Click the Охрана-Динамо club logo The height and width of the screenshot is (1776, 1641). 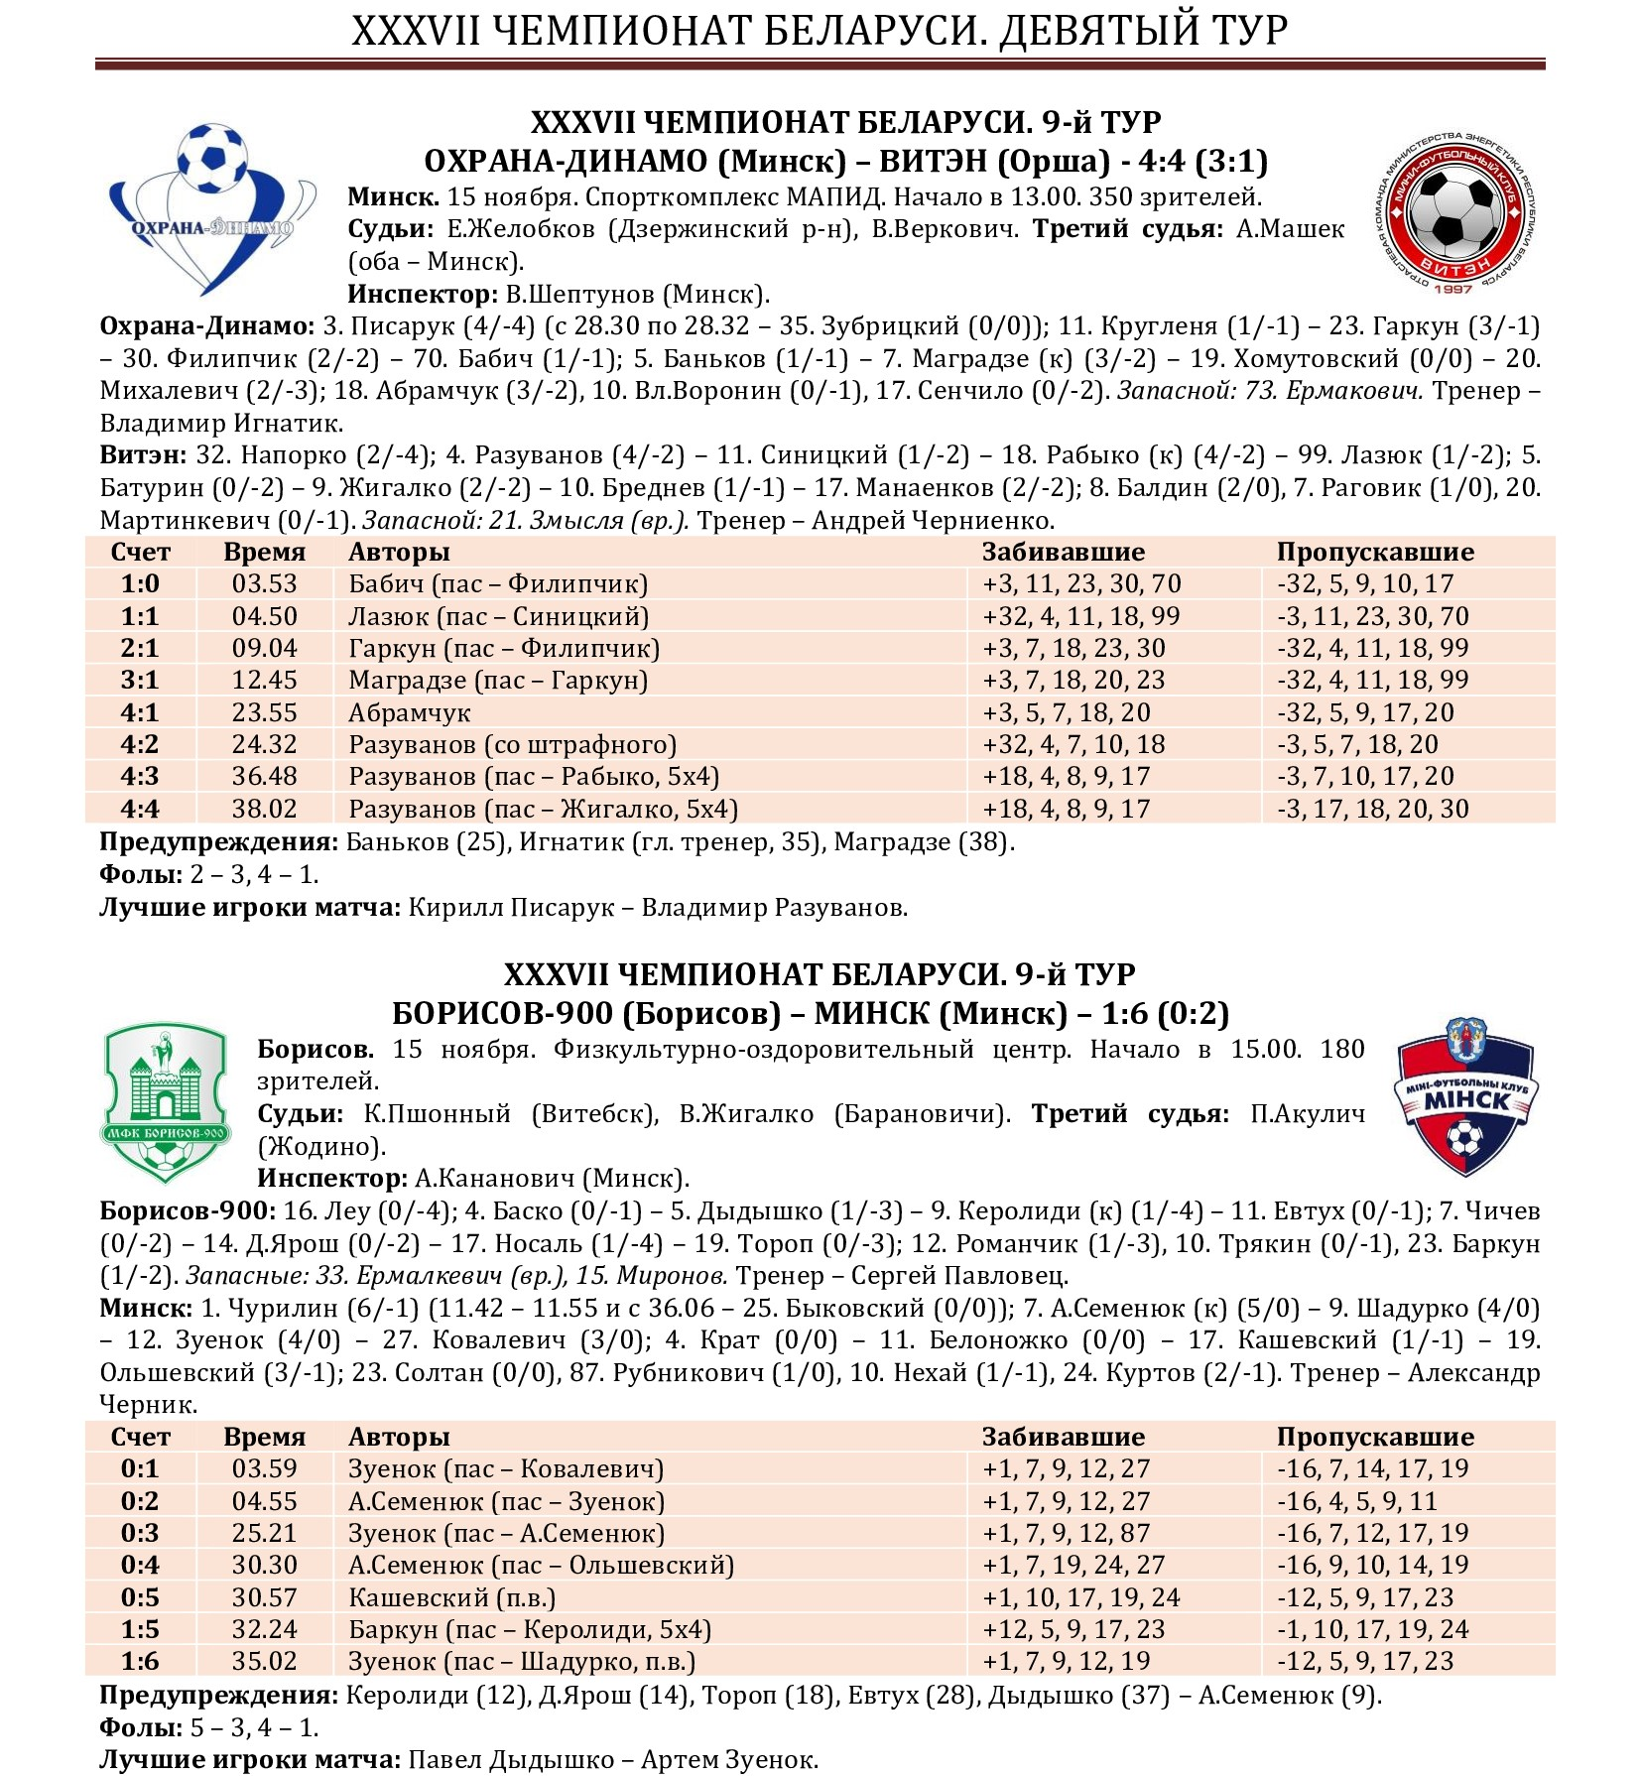(210, 208)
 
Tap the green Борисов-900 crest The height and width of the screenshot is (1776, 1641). (166, 1103)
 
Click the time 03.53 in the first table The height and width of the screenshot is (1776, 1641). (264, 584)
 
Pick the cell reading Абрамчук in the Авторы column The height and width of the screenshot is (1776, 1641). (409, 713)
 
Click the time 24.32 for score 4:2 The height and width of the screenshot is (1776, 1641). (264, 745)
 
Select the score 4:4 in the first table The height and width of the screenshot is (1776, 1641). (140, 810)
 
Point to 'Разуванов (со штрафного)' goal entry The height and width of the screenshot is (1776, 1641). (512, 745)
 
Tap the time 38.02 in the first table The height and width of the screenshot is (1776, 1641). (264, 810)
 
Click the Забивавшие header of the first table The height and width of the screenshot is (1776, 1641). (1063, 553)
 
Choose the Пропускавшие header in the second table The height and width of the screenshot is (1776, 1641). (1374, 1438)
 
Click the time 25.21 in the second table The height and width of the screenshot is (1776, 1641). (264, 1534)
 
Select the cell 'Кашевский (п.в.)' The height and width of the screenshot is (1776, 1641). (451, 1598)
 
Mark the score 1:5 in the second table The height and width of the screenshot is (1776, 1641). (140, 1630)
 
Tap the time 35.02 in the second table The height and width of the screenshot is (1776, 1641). (264, 1662)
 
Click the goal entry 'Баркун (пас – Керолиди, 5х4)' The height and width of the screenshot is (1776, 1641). (529, 1630)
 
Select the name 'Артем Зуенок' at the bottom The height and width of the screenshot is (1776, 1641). (729, 1760)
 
